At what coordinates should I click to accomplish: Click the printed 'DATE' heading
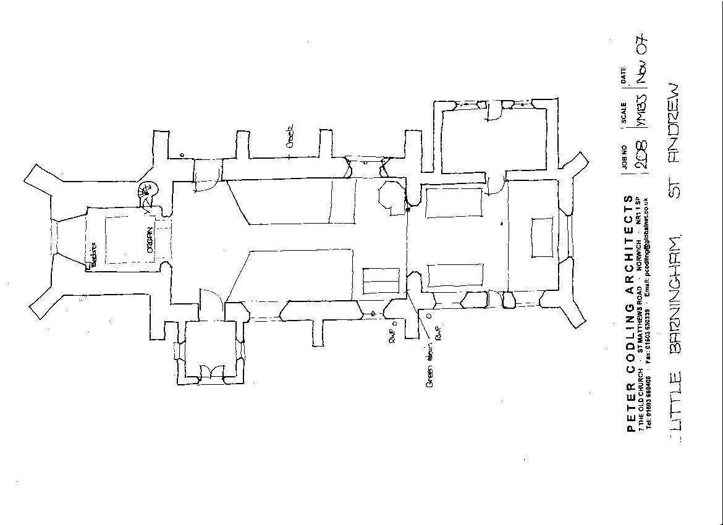click(x=624, y=75)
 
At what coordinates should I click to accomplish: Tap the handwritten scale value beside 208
click(x=641, y=111)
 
